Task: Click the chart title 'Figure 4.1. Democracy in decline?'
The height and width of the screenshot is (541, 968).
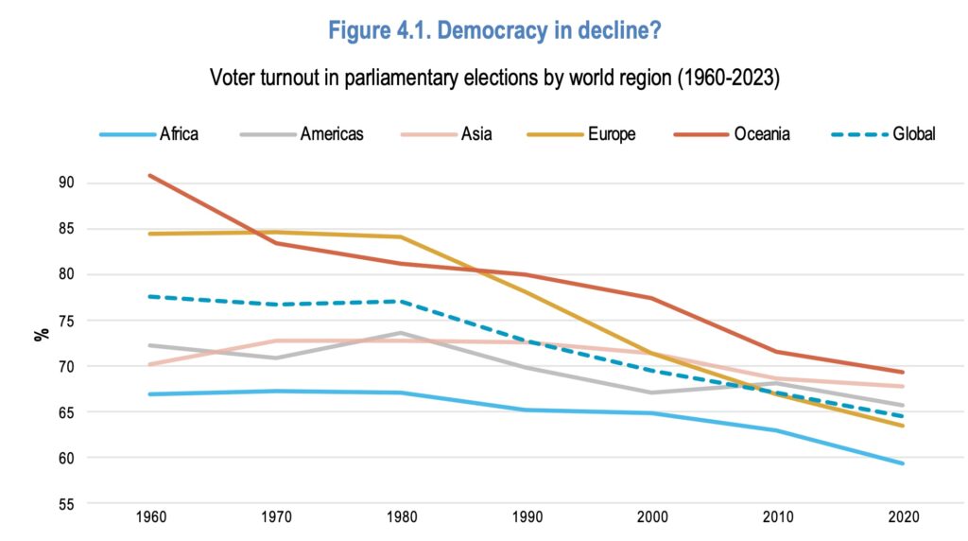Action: (493, 30)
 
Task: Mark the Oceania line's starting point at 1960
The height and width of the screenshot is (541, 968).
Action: (149, 175)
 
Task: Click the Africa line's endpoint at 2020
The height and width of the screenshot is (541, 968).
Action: (904, 463)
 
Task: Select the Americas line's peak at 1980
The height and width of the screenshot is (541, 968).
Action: (400, 333)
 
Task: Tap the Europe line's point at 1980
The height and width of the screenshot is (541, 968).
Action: (400, 236)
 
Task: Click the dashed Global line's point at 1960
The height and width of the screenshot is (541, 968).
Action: (149, 296)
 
